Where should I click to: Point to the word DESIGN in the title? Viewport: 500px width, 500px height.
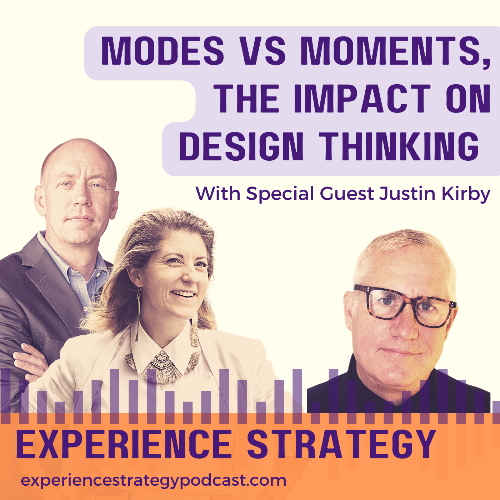click(x=241, y=146)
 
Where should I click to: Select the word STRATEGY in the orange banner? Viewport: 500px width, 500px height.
click(x=341, y=444)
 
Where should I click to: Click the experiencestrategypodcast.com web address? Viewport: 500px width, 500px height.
click(x=154, y=480)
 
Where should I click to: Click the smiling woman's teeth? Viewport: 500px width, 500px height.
click(x=184, y=294)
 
